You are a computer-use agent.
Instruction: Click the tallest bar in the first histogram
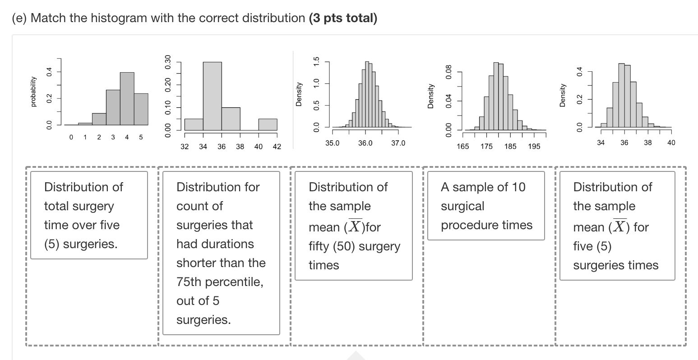(127, 98)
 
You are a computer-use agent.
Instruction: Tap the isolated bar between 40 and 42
(268, 124)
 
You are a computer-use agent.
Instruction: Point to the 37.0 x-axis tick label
(398, 143)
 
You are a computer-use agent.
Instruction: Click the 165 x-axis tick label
(462, 147)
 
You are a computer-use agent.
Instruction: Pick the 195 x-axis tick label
(534, 147)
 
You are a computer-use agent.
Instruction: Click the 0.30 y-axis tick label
(168, 61)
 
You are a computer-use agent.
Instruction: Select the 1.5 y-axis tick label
(316, 61)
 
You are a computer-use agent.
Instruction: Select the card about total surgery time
(89, 215)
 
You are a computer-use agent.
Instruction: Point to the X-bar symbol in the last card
(620, 226)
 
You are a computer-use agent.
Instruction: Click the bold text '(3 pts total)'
(343, 18)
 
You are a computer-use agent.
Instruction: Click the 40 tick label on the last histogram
(671, 143)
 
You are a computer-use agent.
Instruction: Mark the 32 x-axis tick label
(185, 147)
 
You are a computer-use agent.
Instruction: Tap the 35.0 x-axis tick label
(333, 143)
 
